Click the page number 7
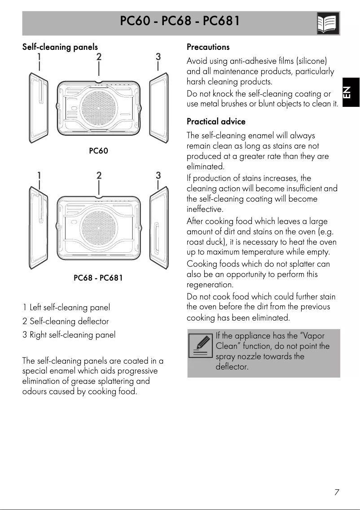pyautogui.click(x=336, y=492)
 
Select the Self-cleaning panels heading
pyautogui.click(x=60, y=47)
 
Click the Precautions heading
pyautogui.click(x=208, y=47)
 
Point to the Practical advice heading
pyautogui.click(x=216, y=122)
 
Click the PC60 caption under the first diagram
pyautogui.click(x=98, y=151)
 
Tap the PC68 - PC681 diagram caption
pyautogui.click(x=98, y=278)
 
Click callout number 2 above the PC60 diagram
pyautogui.click(x=99, y=57)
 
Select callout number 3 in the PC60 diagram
pyautogui.click(x=158, y=57)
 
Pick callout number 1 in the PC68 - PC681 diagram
pyautogui.click(x=40, y=175)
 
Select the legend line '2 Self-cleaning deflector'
pyautogui.click(x=66, y=321)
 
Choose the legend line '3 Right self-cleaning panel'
pyautogui.click(x=69, y=335)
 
